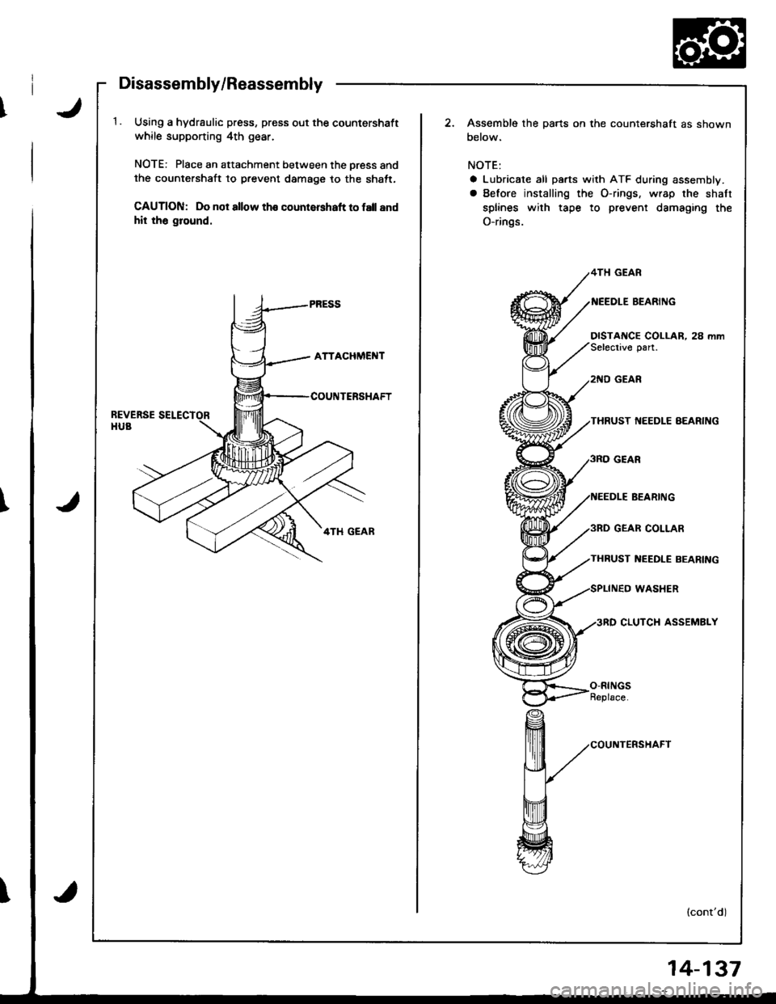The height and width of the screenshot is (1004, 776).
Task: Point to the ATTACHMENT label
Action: (335, 353)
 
